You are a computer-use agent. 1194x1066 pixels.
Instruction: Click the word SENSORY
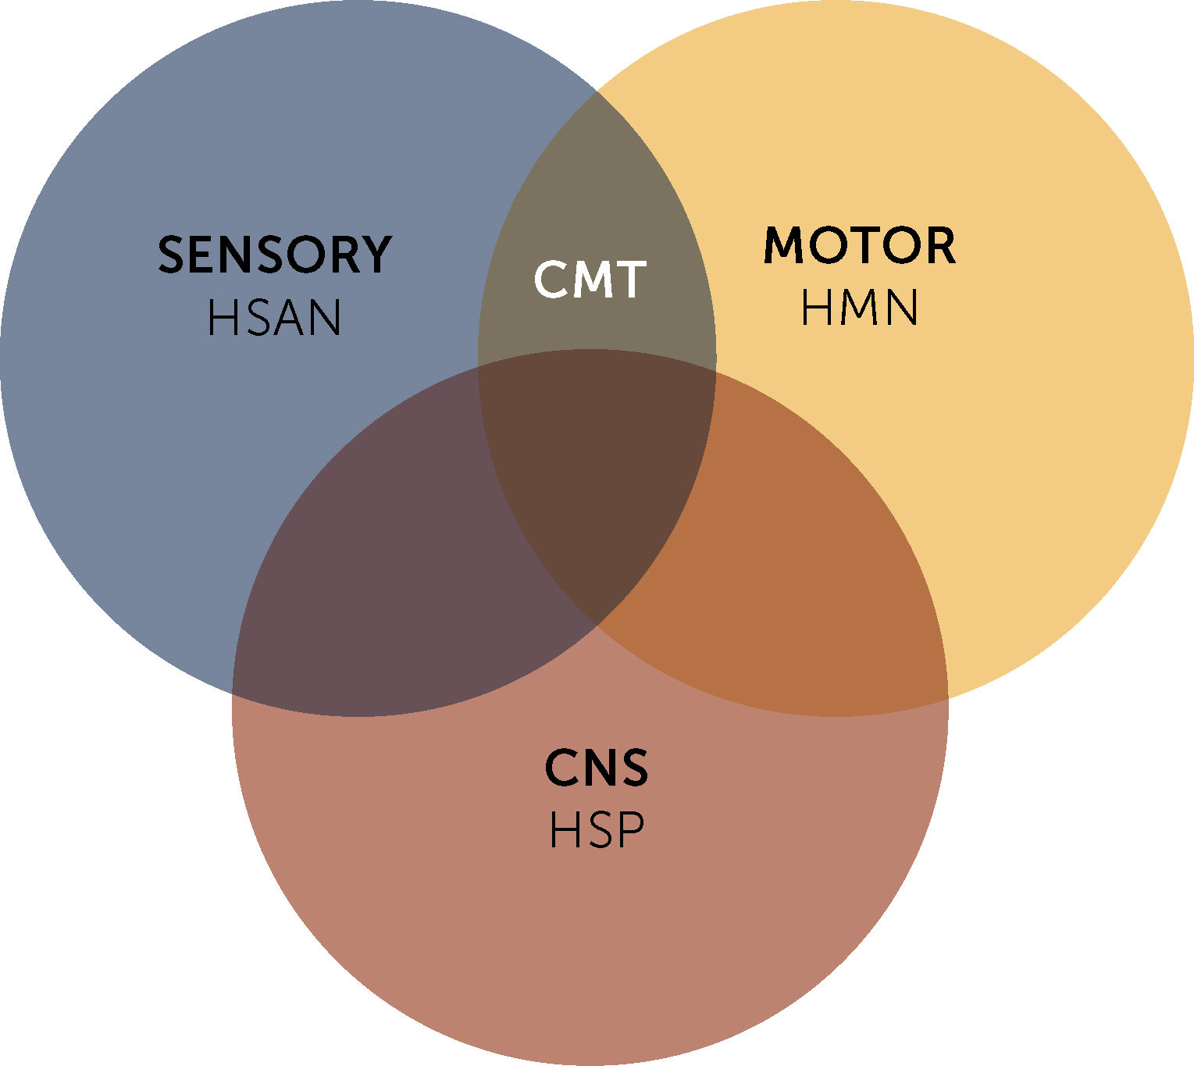[274, 255]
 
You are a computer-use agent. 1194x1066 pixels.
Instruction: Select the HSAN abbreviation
[274, 318]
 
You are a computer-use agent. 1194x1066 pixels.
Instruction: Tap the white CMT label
[590, 280]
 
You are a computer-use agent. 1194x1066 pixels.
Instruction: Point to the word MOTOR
[859, 246]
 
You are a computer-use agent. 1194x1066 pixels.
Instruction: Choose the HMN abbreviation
[859, 308]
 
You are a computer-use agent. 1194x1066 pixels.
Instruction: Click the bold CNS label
[596, 768]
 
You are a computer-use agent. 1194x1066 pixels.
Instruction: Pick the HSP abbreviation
[597, 830]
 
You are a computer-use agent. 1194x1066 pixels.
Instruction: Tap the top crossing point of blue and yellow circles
[597, 91]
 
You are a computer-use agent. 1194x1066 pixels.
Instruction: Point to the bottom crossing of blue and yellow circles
[597, 625]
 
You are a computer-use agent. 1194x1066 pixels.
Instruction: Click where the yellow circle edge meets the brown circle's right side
[948, 695]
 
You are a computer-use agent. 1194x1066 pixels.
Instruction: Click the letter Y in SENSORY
[375, 255]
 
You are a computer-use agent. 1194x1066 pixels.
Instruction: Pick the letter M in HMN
[859, 308]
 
